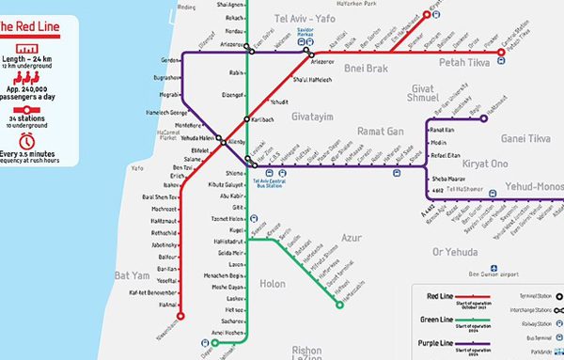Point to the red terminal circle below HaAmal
pyautogui.click(x=180, y=315)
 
